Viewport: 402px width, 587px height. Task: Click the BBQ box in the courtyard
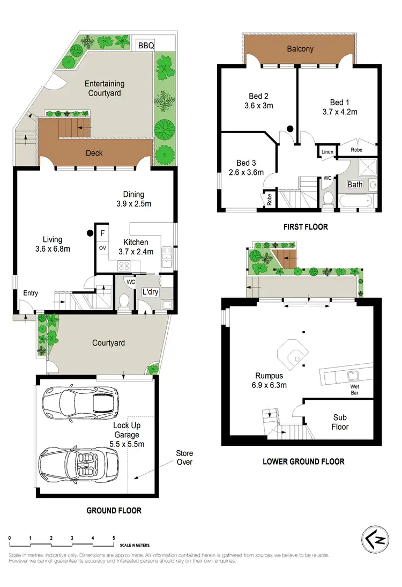pyautogui.click(x=146, y=46)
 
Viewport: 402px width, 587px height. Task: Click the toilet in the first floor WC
pyautogui.click(x=327, y=198)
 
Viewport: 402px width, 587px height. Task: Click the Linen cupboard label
pyautogui.click(x=327, y=152)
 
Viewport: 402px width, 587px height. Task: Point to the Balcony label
pyautogui.click(x=300, y=49)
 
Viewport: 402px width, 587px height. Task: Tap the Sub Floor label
pyautogui.click(x=340, y=422)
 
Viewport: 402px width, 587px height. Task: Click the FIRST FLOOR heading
pyautogui.click(x=306, y=227)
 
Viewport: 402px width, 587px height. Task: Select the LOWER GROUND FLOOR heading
pyautogui.click(x=303, y=461)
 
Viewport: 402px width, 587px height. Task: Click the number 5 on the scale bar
pyautogui.click(x=114, y=538)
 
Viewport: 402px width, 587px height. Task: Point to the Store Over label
pyautogui.click(x=184, y=457)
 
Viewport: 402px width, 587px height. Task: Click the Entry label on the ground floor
pyautogui.click(x=31, y=293)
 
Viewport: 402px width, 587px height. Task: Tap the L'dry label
pyautogui.click(x=150, y=292)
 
